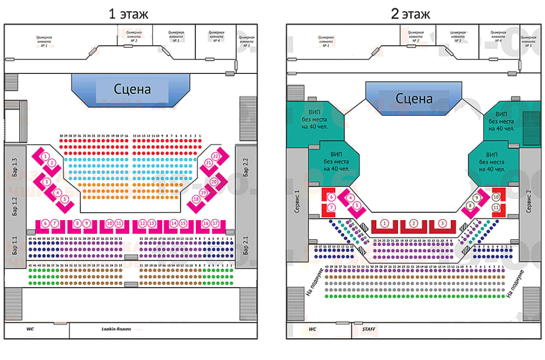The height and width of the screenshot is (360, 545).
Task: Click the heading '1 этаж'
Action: coord(128,14)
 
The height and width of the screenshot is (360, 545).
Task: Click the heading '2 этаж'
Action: coord(410,14)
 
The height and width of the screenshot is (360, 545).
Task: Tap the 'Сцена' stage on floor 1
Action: coord(132,89)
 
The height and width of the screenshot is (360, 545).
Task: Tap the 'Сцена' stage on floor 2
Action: coord(414,98)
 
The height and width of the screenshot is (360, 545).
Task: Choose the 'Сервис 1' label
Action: coord(297,202)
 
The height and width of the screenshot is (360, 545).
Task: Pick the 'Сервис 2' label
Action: coord(529,202)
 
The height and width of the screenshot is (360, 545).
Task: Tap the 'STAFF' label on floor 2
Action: coord(368,330)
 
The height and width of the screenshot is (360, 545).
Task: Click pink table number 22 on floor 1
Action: coord(216,156)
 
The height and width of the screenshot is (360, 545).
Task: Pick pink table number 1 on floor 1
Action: coord(46,156)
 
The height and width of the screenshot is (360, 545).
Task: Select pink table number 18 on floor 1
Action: coord(196,199)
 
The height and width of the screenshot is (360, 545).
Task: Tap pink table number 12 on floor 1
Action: coord(142,223)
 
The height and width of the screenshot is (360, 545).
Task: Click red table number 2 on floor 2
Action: coord(414,223)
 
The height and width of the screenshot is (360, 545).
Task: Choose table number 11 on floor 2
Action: coord(496,207)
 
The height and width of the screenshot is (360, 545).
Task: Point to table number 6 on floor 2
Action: coord(331,196)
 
